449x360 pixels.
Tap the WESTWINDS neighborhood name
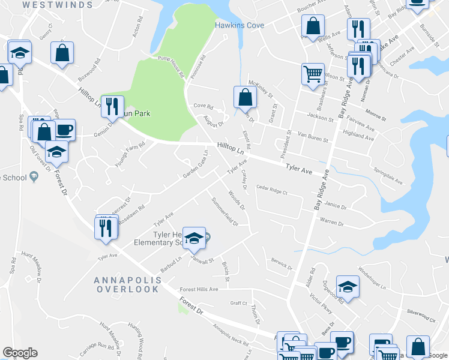[58, 5]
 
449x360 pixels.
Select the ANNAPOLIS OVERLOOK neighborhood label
[127, 284]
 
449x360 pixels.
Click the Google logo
[20, 353]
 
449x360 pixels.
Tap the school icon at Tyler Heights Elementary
[194, 238]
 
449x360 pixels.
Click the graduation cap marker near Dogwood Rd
[348, 287]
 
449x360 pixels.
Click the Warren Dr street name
[331, 223]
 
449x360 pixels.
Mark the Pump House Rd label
[170, 66]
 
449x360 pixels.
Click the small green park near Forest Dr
[182, 307]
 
